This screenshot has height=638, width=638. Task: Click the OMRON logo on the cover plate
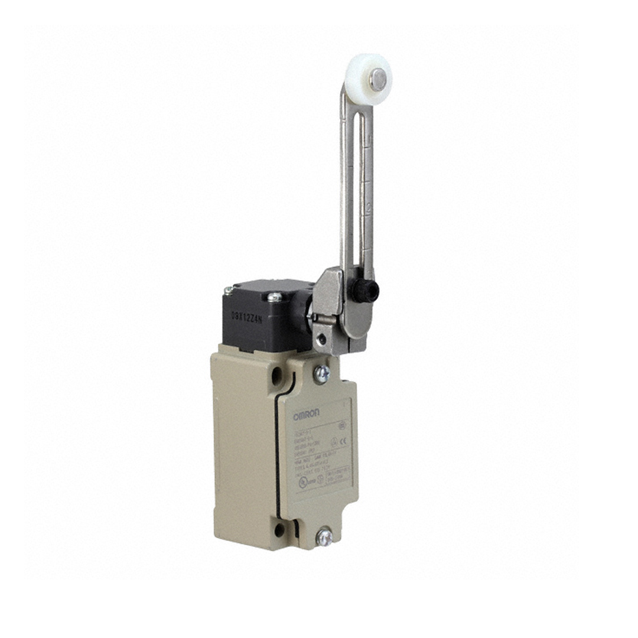pos(307,417)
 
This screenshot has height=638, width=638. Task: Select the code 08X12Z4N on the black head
pos(247,315)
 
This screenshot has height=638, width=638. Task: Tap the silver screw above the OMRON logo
pos(322,373)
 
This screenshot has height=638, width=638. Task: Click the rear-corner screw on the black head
pos(228,290)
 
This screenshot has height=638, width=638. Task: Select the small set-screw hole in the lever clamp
pos(321,338)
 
